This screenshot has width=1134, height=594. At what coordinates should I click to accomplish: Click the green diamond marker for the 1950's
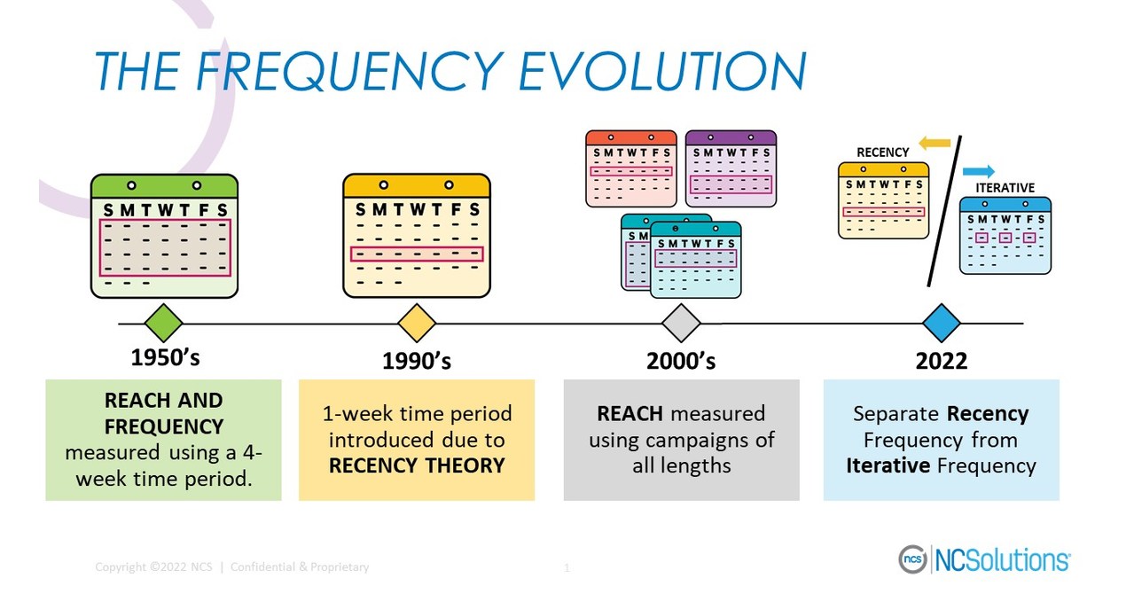tap(163, 323)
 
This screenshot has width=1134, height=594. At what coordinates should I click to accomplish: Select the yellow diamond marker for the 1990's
tap(417, 323)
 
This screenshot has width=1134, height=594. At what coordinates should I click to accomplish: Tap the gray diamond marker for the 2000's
tap(681, 323)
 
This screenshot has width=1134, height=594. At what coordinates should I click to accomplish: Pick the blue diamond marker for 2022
tap(941, 323)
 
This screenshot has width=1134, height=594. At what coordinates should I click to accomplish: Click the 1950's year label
tap(165, 358)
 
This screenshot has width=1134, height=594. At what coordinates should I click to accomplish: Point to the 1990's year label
tap(417, 361)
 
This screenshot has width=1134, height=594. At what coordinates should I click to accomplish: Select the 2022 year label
tap(941, 361)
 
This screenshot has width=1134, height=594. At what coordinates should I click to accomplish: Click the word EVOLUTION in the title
tap(662, 71)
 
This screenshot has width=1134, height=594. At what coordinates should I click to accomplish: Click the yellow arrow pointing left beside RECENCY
tap(934, 143)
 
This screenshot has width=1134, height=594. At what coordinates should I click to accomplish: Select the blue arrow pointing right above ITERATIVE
tap(979, 171)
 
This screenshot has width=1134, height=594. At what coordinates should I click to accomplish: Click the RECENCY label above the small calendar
tap(882, 152)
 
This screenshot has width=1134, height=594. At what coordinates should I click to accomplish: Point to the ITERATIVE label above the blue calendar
tap(1005, 188)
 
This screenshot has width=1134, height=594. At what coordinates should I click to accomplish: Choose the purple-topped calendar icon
tap(731, 169)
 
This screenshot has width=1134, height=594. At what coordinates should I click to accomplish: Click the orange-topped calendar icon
tap(630, 169)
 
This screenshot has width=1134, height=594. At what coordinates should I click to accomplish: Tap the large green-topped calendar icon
tap(165, 235)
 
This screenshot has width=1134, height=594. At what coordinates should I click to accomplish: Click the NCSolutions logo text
tap(1002, 560)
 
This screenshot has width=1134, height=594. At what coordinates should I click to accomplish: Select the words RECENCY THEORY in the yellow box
tap(417, 465)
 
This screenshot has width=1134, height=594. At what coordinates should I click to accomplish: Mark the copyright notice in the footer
tap(231, 567)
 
